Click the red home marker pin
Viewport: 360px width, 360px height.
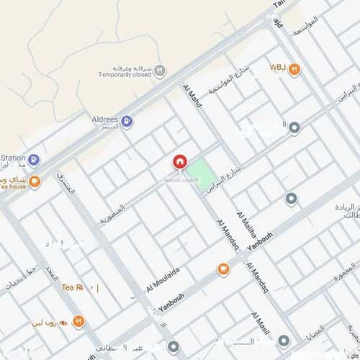179,163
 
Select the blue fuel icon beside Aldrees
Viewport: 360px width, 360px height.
127,122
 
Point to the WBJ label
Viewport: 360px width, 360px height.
278,67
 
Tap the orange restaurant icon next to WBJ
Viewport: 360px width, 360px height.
294,69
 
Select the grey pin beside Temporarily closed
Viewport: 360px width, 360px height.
161,71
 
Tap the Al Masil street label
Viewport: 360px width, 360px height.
260,326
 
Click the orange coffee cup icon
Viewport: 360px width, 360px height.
223,269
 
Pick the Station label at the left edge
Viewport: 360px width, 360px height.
12,158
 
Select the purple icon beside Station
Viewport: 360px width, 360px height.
34,160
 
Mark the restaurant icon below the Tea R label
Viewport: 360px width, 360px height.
79,321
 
